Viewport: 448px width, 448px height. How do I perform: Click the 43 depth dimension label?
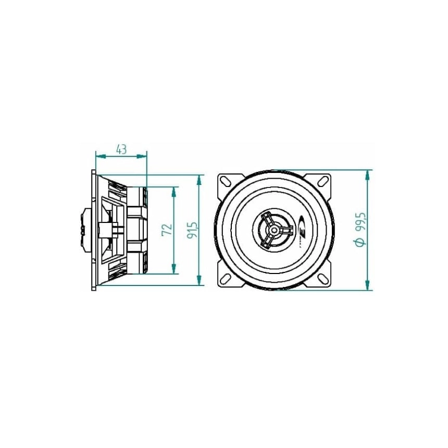pos(121,149)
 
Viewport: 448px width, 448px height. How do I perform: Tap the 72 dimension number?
pos(167,230)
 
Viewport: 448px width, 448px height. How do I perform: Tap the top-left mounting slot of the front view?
pos(226,181)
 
